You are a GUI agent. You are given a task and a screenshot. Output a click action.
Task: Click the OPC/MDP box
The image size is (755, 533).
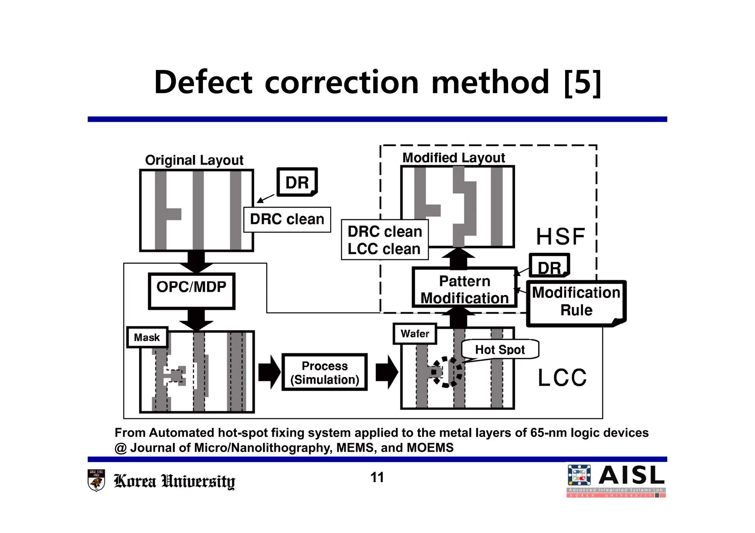tap(191, 291)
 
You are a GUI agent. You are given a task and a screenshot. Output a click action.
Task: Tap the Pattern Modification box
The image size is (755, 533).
tap(464, 289)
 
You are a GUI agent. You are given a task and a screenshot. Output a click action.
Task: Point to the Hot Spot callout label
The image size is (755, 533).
tap(500, 349)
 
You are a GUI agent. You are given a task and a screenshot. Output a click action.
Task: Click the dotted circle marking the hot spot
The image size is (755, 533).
tap(447, 372)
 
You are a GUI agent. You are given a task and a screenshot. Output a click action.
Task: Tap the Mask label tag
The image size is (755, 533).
tap(147, 337)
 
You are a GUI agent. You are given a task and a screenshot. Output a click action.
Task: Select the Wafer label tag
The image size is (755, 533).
tap(415, 333)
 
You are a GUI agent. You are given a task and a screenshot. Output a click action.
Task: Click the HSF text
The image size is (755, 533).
tap(560, 236)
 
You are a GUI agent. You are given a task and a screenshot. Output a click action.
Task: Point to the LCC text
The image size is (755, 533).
tap(562, 378)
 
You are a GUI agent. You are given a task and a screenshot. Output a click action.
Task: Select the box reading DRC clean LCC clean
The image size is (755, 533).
tap(385, 240)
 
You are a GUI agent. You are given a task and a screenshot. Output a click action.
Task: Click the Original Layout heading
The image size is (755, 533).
tap(194, 160)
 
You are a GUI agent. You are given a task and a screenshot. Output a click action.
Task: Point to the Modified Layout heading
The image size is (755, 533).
tap(453, 158)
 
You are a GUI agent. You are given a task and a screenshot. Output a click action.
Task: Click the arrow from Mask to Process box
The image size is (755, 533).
tap(269, 372)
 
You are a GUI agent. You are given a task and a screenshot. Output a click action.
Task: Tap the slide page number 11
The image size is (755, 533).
tap(377, 477)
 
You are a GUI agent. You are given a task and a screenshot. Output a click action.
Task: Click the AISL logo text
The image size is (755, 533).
tap(631, 476)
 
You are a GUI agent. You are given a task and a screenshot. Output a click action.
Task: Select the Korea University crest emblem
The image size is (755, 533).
tap(96, 480)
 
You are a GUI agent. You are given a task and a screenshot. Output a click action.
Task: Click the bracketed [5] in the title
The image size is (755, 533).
tap(582, 82)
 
